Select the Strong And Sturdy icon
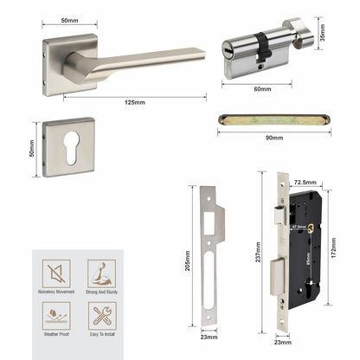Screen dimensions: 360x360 pos(100,273)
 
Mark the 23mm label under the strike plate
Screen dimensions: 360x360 pos(209,340)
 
